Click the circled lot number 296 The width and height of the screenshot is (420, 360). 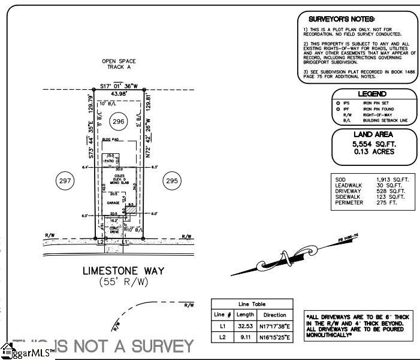[119, 121]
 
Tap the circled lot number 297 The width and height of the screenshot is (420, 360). [65, 180]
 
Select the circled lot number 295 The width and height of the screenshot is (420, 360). [173, 180]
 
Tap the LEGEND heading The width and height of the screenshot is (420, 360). [371, 94]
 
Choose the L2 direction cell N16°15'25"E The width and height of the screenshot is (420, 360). [276, 338]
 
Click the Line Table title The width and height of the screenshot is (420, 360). [252, 304]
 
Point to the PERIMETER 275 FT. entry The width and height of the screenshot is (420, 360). [371, 202]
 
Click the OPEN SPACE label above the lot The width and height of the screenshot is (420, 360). [119, 61]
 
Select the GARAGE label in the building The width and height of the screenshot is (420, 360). [113, 203]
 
